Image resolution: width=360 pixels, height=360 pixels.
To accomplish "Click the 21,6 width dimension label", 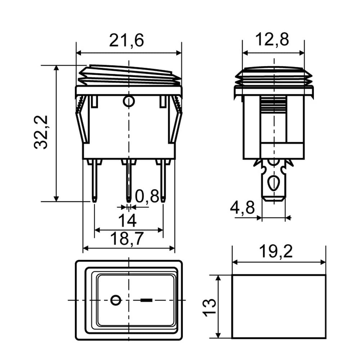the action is [x=126, y=40].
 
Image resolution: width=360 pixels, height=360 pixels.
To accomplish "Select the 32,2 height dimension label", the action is [x=41, y=132].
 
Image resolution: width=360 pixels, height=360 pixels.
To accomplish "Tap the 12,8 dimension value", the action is [x=272, y=39].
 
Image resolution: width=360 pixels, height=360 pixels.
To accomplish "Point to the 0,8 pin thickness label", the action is [x=147, y=196].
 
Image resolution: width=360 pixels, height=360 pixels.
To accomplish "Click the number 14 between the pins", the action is [x=127, y=220].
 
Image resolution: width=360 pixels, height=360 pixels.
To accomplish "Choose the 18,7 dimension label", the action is [x=127, y=238].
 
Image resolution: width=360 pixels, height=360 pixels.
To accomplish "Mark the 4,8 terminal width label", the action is [x=242, y=207].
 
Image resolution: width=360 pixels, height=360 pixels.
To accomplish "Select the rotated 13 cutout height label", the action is [x=210, y=308].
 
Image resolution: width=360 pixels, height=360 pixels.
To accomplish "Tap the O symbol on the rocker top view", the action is [x=116, y=300].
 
